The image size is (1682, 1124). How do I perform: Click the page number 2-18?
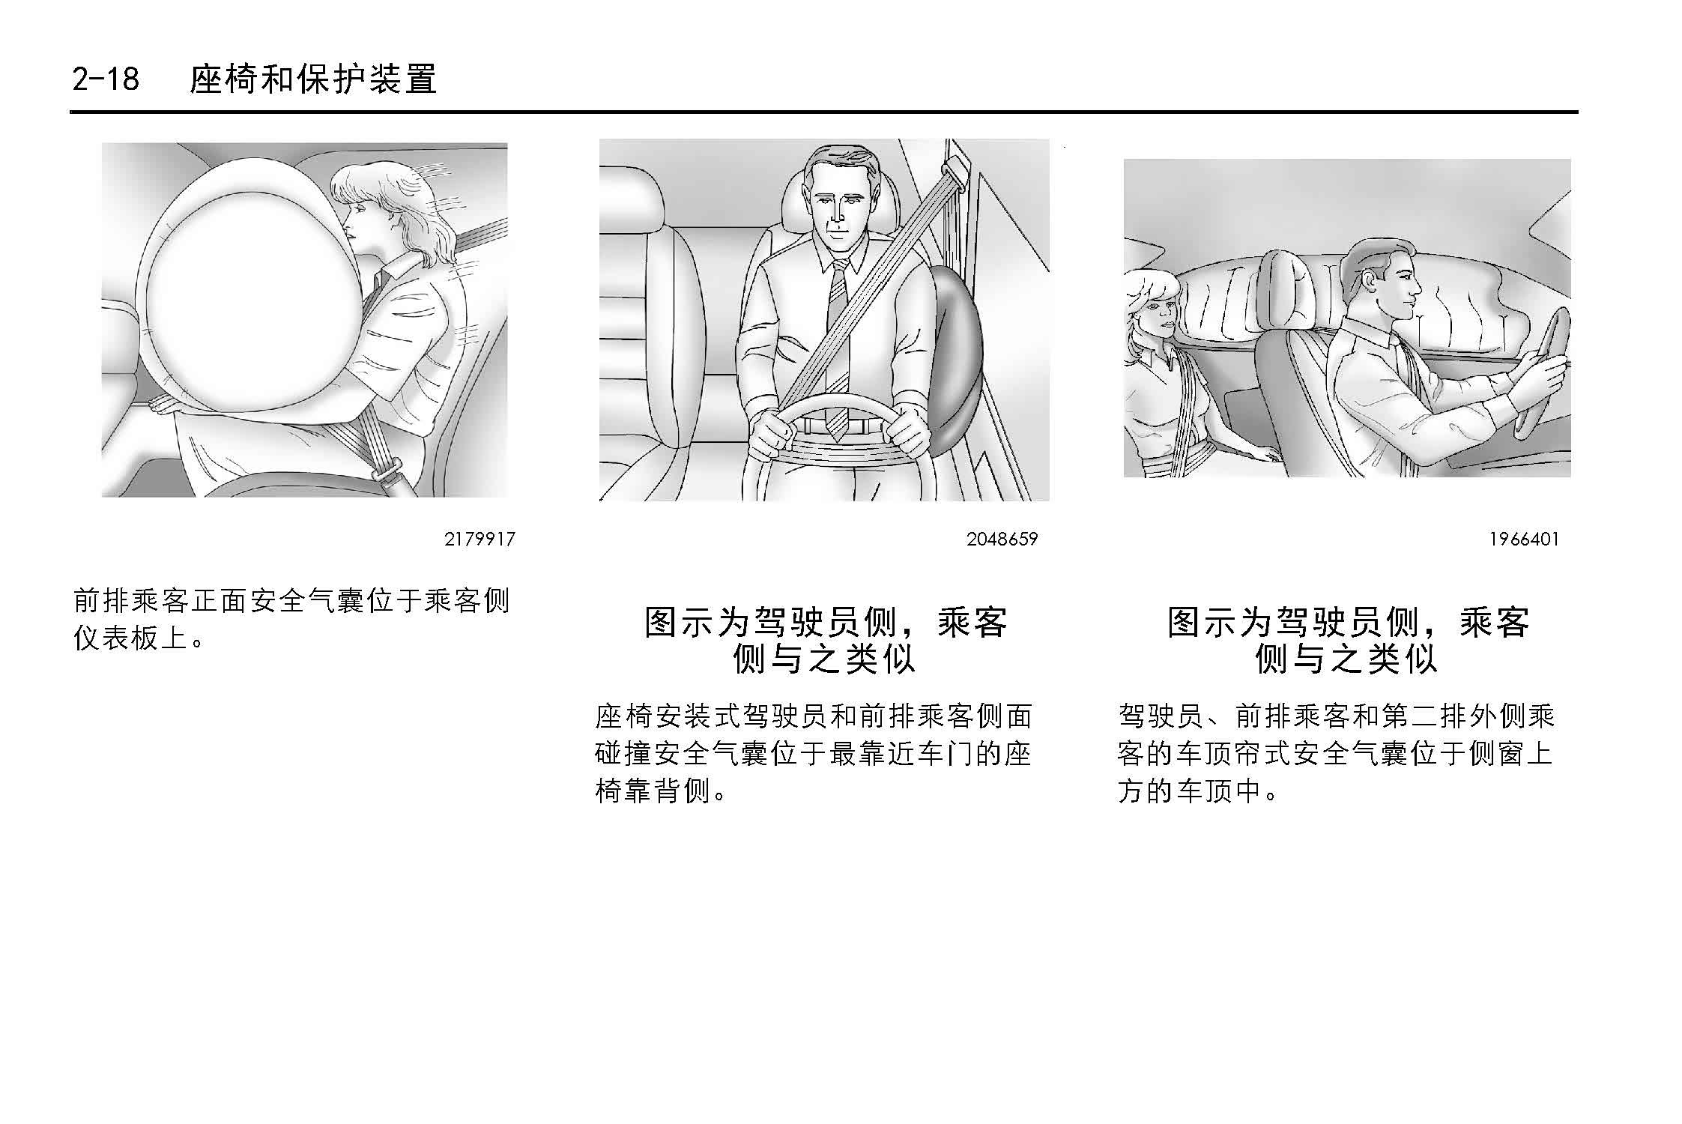(x=106, y=79)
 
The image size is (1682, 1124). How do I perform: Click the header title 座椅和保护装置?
(x=313, y=79)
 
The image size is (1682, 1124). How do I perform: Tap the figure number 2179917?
(x=480, y=540)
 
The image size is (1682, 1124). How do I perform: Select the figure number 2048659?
(x=1002, y=540)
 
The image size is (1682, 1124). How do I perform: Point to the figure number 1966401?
(x=1523, y=540)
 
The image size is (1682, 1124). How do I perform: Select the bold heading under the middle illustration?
(x=825, y=641)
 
